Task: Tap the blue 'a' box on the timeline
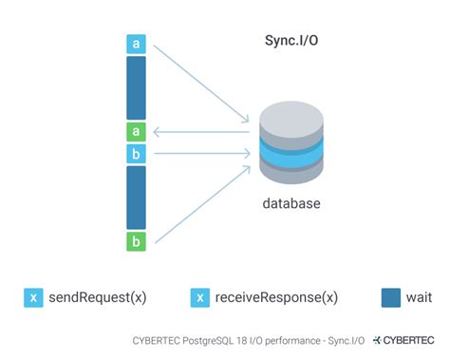tap(137, 44)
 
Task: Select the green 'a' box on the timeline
tap(137, 132)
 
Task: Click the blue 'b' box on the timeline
tap(137, 153)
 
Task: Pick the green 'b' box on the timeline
tap(137, 241)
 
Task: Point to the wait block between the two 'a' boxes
tap(137, 88)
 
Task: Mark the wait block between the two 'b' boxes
tap(137, 197)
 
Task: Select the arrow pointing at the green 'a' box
tap(204, 133)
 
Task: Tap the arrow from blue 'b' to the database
tap(204, 153)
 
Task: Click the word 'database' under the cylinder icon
tap(291, 203)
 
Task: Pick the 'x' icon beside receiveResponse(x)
tap(200, 297)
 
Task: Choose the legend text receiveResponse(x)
tap(276, 297)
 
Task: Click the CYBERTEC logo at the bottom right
tap(406, 339)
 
